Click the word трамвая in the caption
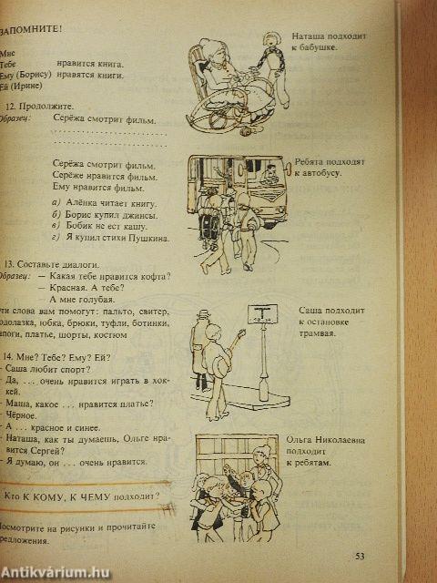click(317, 334)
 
